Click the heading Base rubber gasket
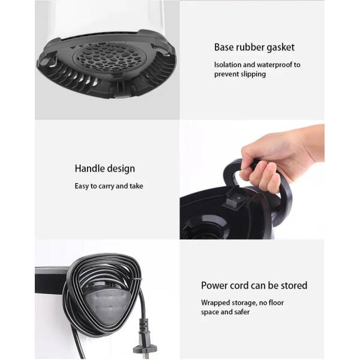(254, 47)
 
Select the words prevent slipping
(240, 74)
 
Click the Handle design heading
(104, 169)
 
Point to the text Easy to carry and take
(109, 186)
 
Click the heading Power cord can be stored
(254, 286)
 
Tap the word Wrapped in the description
(215, 303)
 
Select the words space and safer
(225, 312)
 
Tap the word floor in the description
(276, 302)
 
